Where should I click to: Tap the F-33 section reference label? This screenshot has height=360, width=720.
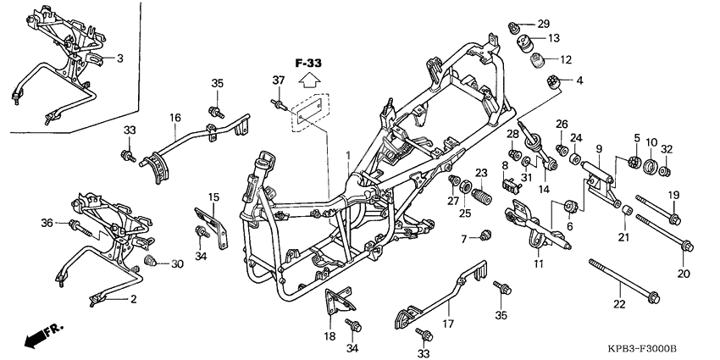[309, 63]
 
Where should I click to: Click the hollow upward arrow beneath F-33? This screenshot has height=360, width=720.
[309, 81]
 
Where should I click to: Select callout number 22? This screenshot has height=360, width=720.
[619, 304]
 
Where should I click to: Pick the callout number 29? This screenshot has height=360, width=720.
[543, 23]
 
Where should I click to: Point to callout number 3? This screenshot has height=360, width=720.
[119, 58]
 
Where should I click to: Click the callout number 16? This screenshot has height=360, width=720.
[175, 118]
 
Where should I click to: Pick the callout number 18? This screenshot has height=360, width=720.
[330, 335]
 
